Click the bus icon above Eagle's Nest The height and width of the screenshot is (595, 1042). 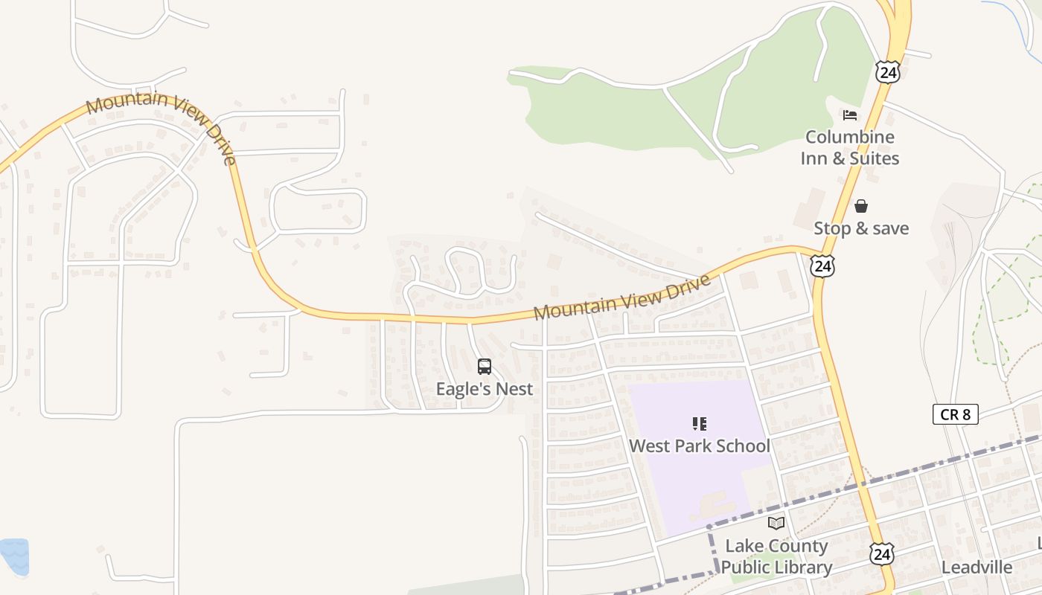click(485, 367)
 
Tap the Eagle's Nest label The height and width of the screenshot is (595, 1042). click(485, 389)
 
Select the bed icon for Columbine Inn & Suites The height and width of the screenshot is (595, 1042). click(850, 115)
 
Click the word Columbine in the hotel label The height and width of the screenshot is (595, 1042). click(850, 137)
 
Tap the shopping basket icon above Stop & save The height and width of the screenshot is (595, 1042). click(861, 206)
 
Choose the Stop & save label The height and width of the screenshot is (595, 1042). click(861, 228)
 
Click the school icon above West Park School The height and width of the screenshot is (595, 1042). click(700, 424)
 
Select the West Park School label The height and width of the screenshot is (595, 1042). click(700, 446)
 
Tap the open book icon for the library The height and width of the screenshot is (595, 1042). click(776, 524)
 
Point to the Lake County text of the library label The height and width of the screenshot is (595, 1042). click(776, 546)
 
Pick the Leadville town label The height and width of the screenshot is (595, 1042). click(977, 567)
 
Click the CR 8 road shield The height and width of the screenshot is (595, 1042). click(955, 414)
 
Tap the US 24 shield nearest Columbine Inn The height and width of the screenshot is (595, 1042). click(888, 72)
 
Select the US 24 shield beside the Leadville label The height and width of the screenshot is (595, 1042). click(881, 553)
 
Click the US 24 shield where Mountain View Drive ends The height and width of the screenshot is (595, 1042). click(822, 266)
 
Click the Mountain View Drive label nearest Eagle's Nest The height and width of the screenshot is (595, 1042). click(622, 297)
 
